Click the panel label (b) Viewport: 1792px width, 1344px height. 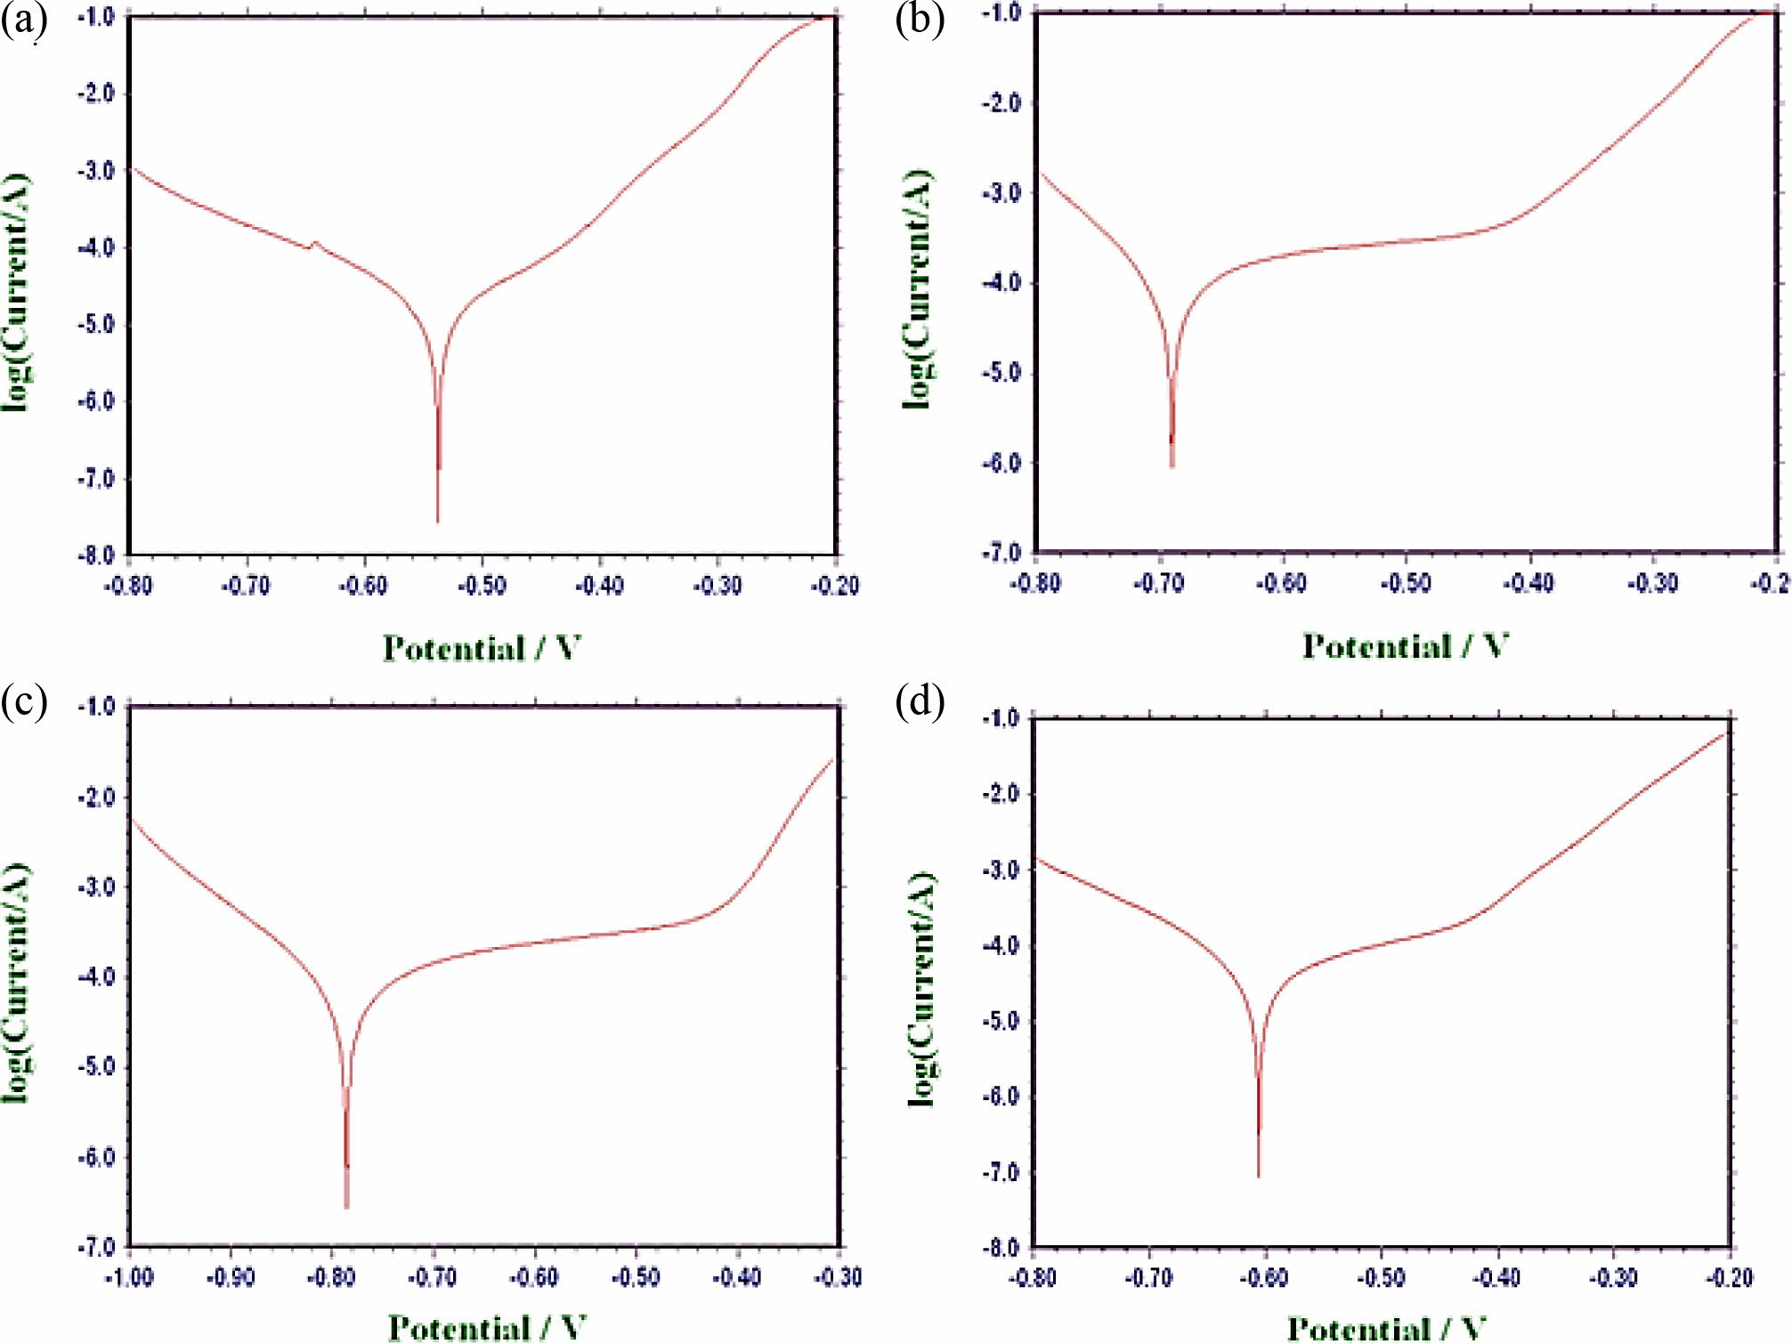pos(920,20)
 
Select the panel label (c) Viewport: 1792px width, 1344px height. pos(23,701)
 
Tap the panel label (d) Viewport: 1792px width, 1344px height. pos(920,701)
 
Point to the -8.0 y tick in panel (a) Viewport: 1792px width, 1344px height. pos(96,555)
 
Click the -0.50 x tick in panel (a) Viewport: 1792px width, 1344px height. pos(482,586)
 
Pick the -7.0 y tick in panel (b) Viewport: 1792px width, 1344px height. pos(1001,553)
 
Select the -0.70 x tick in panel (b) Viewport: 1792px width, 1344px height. pos(1159,584)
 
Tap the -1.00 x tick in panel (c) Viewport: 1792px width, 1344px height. pos(130,1277)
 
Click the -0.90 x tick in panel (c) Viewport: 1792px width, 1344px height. pos(231,1277)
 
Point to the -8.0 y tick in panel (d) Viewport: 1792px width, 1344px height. pos(1001,1248)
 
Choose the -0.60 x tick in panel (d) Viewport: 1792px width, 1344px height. pos(1265,1278)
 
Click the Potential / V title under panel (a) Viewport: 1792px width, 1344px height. pos(482,648)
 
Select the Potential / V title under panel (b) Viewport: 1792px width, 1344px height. pos(1405,645)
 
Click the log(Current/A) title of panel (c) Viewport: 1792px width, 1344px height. pos(16,983)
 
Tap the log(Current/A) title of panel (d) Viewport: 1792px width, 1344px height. pos(922,988)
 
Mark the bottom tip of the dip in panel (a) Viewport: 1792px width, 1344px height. pos(438,522)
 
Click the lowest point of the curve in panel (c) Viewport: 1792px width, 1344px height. pos(346,1207)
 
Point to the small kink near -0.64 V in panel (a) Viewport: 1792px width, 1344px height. pos(312,243)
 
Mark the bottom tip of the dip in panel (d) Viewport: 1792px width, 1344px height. pos(1258,1176)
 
